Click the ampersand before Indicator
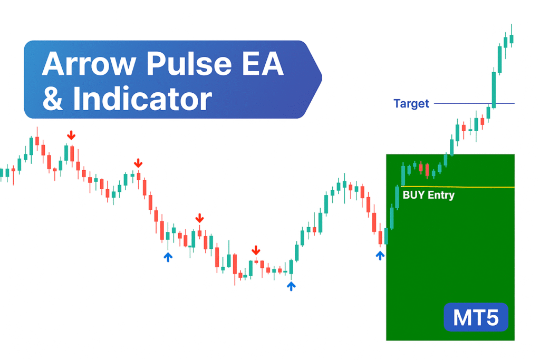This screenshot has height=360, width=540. [x=53, y=99]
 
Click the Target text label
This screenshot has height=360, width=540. [x=411, y=104]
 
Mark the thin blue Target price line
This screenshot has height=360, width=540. [x=464, y=103]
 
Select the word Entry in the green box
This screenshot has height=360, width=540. [x=441, y=195]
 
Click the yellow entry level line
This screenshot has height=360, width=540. [x=475, y=187]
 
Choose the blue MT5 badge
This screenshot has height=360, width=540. [x=476, y=318]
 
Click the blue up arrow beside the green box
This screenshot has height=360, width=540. [x=380, y=256]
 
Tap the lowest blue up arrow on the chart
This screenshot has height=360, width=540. [x=291, y=286]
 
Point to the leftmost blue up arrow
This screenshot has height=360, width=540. [x=168, y=257]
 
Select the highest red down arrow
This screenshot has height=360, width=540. [x=71, y=135]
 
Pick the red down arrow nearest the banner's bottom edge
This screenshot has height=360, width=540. [x=138, y=163]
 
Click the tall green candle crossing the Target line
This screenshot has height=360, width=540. [x=494, y=90]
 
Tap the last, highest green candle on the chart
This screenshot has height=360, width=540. [x=512, y=38]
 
